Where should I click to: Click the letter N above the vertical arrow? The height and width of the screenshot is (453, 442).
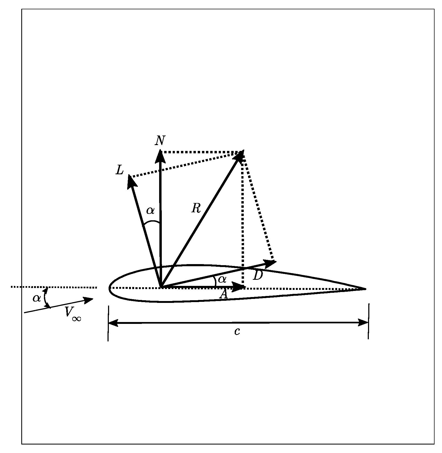[x=160, y=141]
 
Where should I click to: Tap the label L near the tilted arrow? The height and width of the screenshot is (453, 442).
[x=120, y=170]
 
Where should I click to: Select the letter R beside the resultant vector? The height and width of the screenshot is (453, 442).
[x=196, y=209]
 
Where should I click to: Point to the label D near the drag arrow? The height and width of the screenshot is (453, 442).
[x=258, y=276]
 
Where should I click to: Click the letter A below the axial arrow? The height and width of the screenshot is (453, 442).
[x=224, y=294]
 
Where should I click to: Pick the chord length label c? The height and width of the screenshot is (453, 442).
[x=237, y=331]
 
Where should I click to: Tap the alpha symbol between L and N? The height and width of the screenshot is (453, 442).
[x=150, y=211]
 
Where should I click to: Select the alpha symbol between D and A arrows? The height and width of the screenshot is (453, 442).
[x=222, y=279]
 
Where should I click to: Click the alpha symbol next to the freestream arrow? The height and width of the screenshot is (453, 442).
[x=37, y=298]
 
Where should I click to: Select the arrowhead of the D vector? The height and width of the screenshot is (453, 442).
[x=271, y=263]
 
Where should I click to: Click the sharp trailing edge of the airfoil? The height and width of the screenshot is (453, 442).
[x=365, y=289]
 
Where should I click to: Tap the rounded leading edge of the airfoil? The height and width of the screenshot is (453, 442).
[x=110, y=288]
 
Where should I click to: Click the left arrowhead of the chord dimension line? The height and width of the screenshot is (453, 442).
[x=113, y=323]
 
